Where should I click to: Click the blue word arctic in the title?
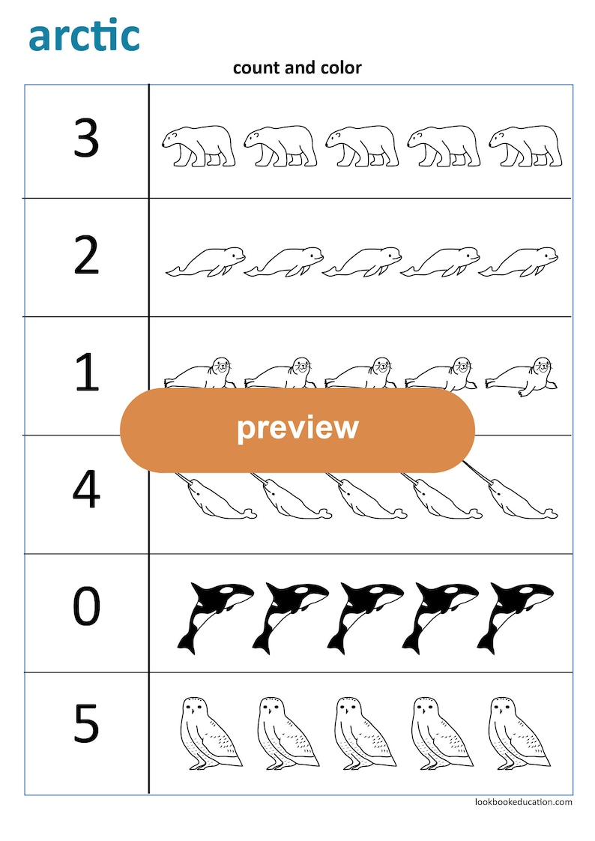point(84,36)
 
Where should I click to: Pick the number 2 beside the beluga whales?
point(86,256)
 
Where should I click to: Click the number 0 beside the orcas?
point(86,608)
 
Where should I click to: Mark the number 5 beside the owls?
point(86,724)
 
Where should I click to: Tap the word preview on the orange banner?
point(297,428)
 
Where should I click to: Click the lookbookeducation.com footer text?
point(523,802)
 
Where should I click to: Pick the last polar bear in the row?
point(525,145)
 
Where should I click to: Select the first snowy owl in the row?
point(211,732)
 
